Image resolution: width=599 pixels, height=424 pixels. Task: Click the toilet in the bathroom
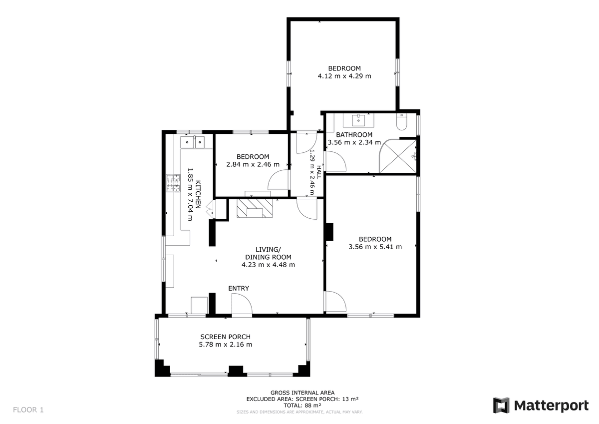(x=402, y=122)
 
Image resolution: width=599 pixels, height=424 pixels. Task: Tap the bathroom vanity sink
(x=358, y=120)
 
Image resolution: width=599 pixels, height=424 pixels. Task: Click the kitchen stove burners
(x=173, y=183)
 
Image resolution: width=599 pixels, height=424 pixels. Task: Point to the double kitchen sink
(x=193, y=142)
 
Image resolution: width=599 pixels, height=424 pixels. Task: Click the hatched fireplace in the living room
(x=255, y=208)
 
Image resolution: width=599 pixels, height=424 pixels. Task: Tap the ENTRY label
(x=239, y=288)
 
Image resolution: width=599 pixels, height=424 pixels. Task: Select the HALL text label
(x=319, y=172)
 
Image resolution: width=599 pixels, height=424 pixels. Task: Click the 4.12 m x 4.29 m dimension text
(x=344, y=76)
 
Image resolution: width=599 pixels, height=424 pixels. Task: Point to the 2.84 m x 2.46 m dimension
(x=253, y=164)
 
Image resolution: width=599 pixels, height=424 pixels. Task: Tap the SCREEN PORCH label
(x=226, y=337)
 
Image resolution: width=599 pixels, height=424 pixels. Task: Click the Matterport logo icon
(x=501, y=406)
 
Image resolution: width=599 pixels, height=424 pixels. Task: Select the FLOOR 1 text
(x=28, y=410)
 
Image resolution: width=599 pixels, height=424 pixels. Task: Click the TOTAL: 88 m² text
(x=302, y=406)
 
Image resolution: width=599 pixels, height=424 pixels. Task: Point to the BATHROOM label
(x=354, y=134)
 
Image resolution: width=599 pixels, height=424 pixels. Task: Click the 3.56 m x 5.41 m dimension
(x=375, y=247)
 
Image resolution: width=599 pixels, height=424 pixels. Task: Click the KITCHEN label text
(x=198, y=194)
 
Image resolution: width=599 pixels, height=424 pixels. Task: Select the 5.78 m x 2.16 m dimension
(x=226, y=344)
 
